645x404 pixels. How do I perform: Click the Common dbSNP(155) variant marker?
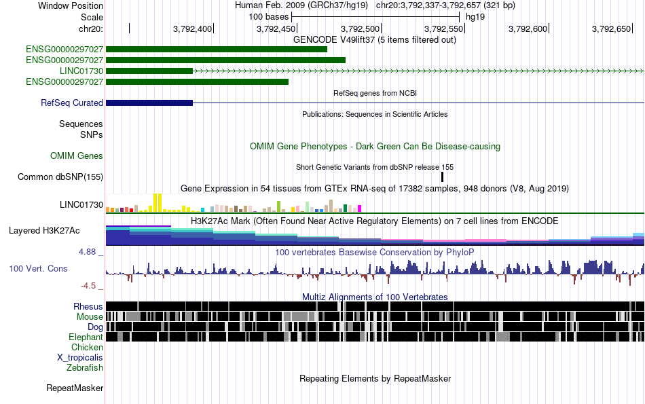442,177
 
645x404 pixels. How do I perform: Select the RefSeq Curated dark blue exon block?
149,103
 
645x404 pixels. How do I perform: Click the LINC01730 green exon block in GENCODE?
149,71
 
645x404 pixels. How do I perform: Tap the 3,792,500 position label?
360,29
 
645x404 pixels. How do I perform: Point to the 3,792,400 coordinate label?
192,29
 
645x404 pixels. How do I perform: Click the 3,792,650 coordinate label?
611,29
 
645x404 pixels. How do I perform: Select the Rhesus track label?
88,306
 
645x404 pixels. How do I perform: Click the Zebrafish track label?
85,367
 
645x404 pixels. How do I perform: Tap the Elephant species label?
86,337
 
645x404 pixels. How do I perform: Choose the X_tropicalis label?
80,358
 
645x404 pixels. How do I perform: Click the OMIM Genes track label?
77,155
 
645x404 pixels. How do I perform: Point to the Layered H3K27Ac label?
44,230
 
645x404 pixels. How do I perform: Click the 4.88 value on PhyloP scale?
87,251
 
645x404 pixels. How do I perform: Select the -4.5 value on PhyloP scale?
88,285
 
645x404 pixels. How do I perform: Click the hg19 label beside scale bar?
475,17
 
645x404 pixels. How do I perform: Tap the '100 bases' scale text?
269,17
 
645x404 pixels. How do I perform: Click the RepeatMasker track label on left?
75,388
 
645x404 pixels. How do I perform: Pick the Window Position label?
71,5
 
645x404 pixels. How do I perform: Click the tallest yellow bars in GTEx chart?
158,203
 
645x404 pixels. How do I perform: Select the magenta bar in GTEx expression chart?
360,208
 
